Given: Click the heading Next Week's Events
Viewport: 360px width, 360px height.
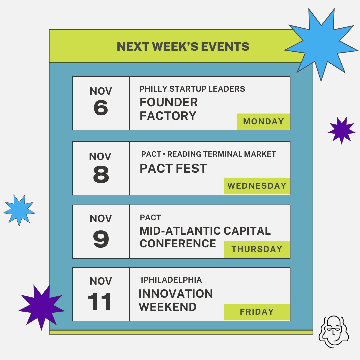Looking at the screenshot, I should [x=183, y=47].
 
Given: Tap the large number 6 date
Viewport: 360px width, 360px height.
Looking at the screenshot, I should [x=101, y=108].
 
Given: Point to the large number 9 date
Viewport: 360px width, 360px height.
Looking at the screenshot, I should [x=101, y=239].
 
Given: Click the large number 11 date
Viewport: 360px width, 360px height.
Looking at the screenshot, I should [x=100, y=302].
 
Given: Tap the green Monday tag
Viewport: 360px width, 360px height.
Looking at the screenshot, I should [x=263, y=122].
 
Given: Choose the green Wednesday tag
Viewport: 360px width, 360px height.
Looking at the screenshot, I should [x=257, y=186].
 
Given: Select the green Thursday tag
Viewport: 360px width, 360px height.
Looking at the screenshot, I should [x=257, y=249].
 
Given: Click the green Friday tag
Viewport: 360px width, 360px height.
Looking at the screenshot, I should [x=257, y=312].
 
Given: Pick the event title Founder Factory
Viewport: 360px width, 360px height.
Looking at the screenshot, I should [x=168, y=109].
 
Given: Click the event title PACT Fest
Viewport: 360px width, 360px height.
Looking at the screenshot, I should [x=173, y=169].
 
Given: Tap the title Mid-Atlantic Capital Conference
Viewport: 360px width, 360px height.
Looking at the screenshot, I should [x=205, y=237].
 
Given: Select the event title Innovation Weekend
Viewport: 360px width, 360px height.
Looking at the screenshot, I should [x=176, y=300].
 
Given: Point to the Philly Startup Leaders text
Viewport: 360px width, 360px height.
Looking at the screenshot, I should [x=192, y=89].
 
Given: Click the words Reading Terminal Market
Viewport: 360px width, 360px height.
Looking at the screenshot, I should [x=221, y=154].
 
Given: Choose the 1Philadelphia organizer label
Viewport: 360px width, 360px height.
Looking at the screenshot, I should [x=171, y=280].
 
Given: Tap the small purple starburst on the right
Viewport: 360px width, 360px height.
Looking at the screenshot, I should [x=342, y=130].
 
